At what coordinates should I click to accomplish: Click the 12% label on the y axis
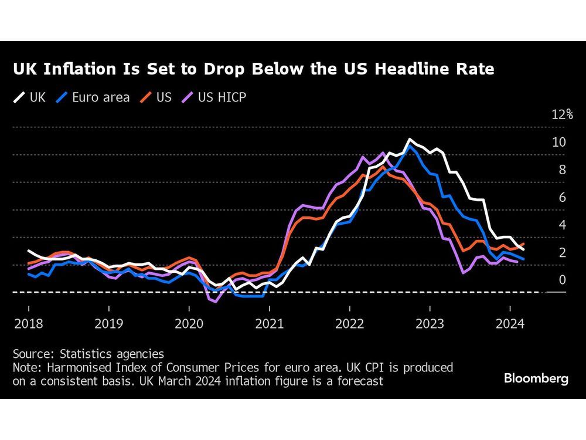tap(562, 114)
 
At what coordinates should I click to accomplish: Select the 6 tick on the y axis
tap(562, 197)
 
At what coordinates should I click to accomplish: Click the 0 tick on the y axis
tap(562, 280)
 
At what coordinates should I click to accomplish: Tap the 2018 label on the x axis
tap(28, 323)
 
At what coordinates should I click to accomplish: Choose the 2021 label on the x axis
tap(269, 323)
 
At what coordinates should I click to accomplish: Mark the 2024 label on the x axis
tap(510, 323)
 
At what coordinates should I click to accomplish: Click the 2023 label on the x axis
tap(430, 323)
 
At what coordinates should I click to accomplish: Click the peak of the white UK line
tap(410, 140)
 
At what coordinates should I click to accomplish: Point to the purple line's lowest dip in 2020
tap(214, 302)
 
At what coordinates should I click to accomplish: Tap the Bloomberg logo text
tap(536, 378)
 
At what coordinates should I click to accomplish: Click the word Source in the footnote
tap(30, 354)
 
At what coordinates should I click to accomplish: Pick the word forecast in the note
tap(359, 381)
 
